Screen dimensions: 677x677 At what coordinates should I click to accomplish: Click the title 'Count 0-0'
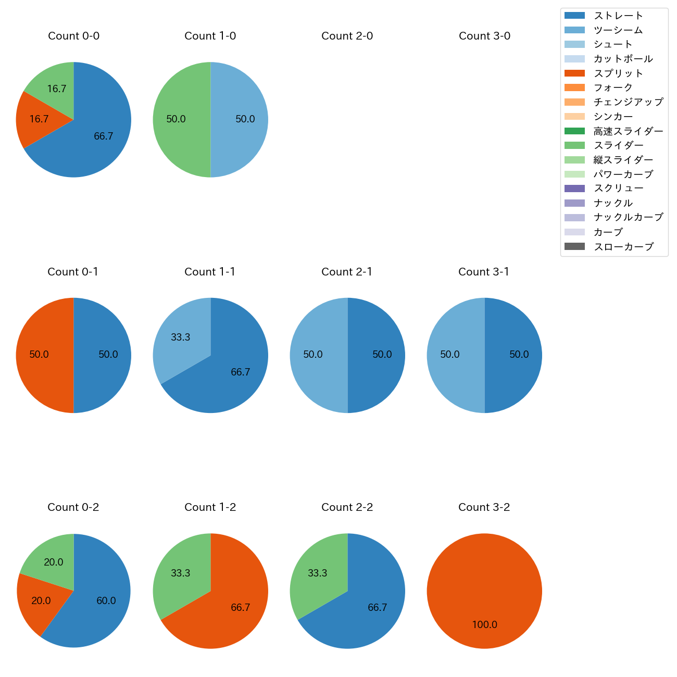[73, 36]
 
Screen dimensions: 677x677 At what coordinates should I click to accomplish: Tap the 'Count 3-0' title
[484, 36]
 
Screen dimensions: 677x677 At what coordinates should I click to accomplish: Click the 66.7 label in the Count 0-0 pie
[104, 136]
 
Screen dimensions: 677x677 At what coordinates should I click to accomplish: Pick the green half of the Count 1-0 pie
[180, 120]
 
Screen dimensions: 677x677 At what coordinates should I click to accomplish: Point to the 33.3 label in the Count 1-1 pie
[181, 337]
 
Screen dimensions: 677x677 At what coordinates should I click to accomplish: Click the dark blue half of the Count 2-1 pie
[378, 355]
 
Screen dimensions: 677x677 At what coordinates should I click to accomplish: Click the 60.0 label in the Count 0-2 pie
[106, 601]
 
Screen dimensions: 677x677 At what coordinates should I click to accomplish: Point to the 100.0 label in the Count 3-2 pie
[485, 625]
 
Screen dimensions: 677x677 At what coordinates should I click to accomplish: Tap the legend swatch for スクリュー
[574, 189]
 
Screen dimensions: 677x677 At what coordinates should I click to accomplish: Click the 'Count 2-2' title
[347, 507]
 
